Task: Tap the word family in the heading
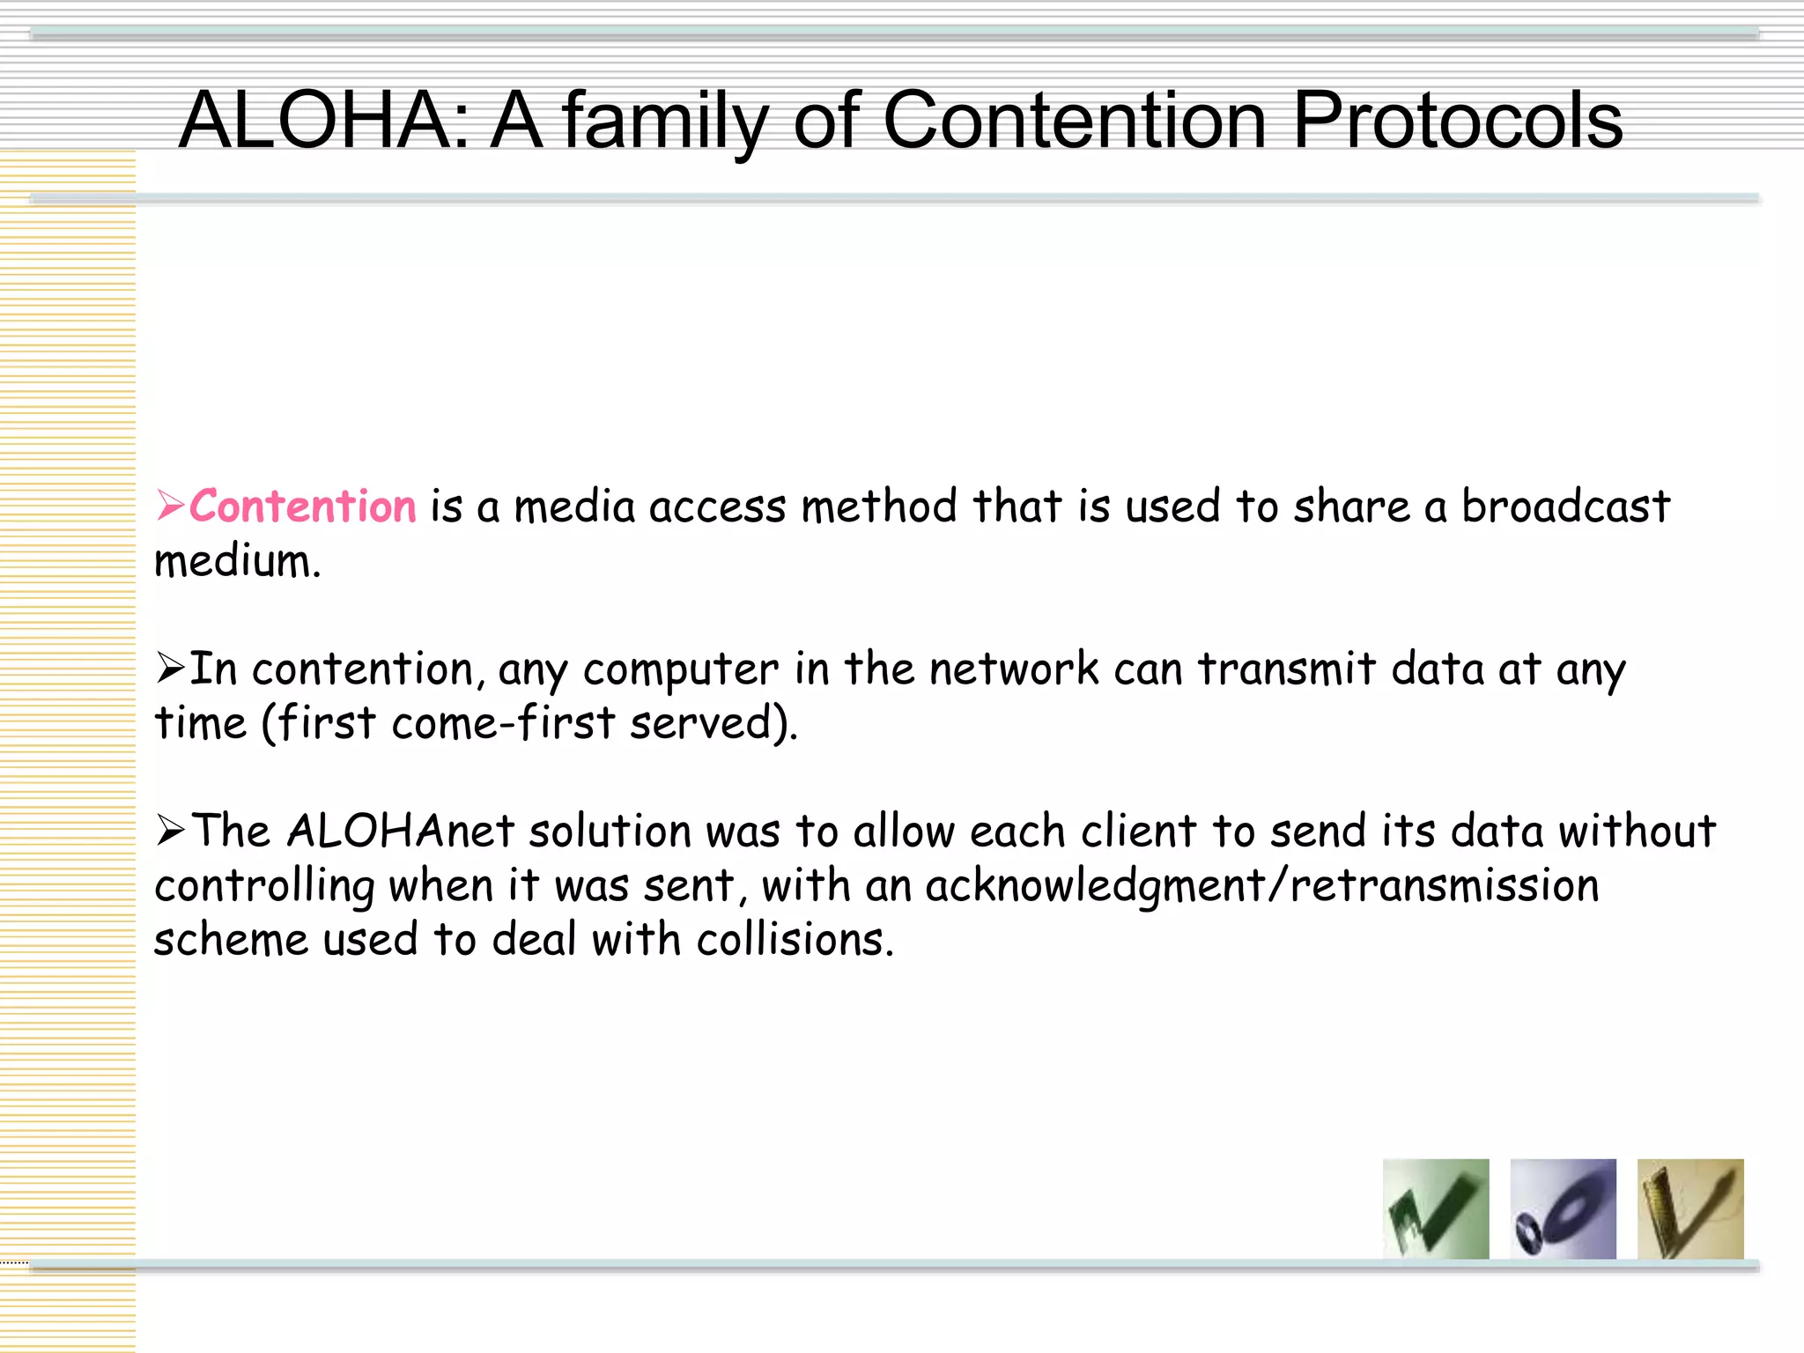pos(665,122)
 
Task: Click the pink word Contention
pos(302,506)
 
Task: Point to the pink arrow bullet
pos(170,506)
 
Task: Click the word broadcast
pos(1565,506)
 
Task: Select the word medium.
pos(237,562)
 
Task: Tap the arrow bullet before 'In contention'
pos(170,668)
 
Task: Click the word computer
pos(680,669)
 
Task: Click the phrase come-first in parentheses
pos(502,723)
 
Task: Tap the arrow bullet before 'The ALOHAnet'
pos(170,830)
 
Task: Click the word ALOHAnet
pos(401,831)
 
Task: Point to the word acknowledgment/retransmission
pos(1261,885)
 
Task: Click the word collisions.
pos(795,939)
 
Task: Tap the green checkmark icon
pos(1436,1209)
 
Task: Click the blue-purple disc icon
pos(1563,1209)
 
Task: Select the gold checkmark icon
pos(1689,1209)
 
